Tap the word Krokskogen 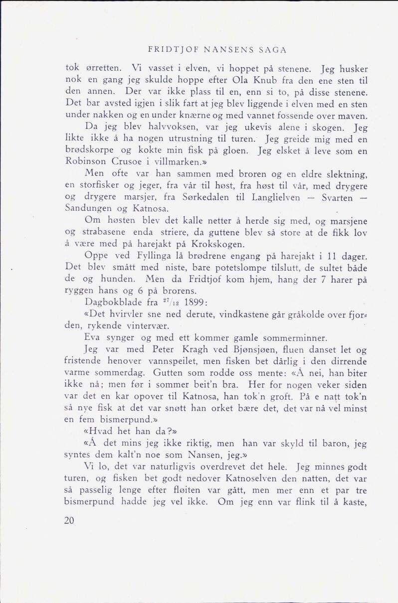coord(220,244)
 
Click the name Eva coord(92,338)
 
